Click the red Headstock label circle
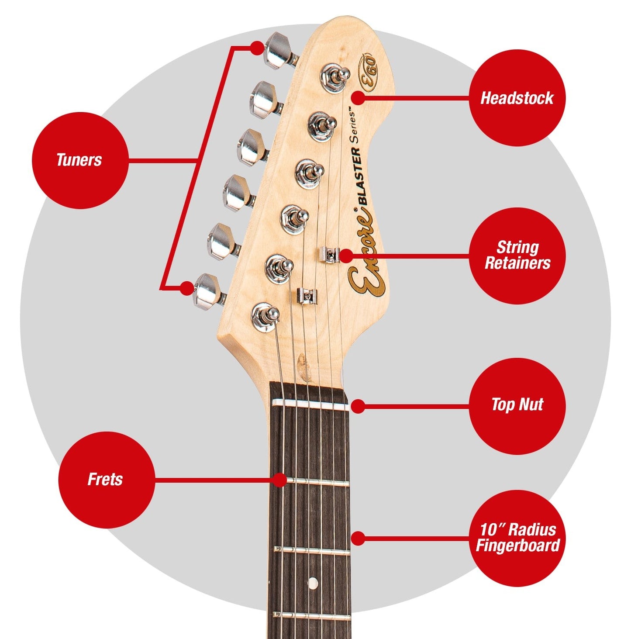tap(517, 98)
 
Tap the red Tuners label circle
tap(80, 160)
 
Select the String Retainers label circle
tap(517, 256)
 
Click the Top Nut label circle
tap(517, 406)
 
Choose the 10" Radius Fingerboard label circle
tap(517, 538)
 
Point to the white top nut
tap(310, 405)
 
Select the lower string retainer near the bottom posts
tap(307, 295)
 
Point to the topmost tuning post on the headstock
tap(335, 77)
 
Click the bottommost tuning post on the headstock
tap(265, 317)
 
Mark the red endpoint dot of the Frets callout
tap(279, 480)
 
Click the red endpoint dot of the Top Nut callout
tap(358, 406)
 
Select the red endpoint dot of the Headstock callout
tap(358, 98)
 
